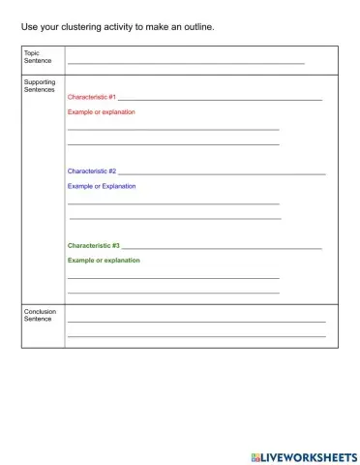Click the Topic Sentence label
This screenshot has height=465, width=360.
point(38,56)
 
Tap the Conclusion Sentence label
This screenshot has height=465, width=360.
point(40,315)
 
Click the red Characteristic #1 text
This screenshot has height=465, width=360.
point(92,98)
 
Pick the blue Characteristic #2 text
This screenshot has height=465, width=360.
point(92,170)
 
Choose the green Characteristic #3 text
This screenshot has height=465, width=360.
point(94,246)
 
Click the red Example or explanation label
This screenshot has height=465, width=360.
point(102,112)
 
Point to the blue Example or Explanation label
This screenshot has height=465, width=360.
point(102,186)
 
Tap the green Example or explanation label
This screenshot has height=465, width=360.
point(104,261)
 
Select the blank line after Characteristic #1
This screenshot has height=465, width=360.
point(221,100)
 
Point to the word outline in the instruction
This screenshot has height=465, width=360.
point(198,26)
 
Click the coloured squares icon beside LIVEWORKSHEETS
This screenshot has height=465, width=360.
point(255,456)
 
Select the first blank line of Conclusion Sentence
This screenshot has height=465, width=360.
point(196,321)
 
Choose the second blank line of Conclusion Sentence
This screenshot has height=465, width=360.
point(196,336)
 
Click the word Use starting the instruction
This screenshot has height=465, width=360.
point(28,26)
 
